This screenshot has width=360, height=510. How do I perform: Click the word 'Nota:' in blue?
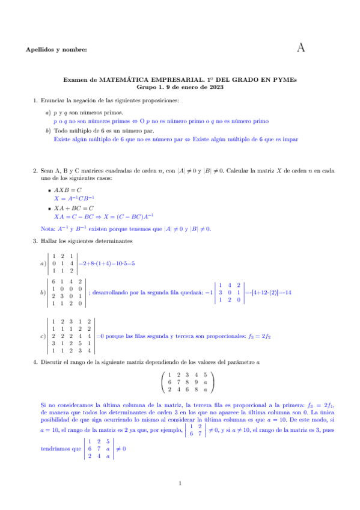[40, 229]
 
